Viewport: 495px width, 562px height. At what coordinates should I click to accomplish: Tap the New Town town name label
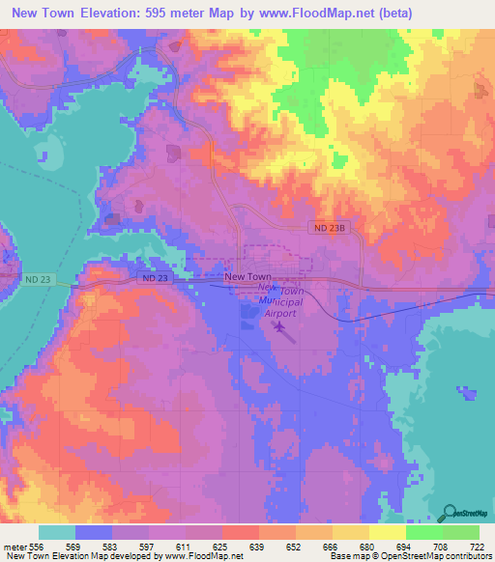point(247,276)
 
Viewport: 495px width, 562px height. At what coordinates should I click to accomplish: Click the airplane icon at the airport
point(280,328)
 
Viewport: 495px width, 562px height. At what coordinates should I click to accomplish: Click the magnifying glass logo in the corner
point(450,514)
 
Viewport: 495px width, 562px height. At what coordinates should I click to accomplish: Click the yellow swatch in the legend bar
point(387,532)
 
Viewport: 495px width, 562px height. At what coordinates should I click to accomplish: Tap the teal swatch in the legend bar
point(57,532)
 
